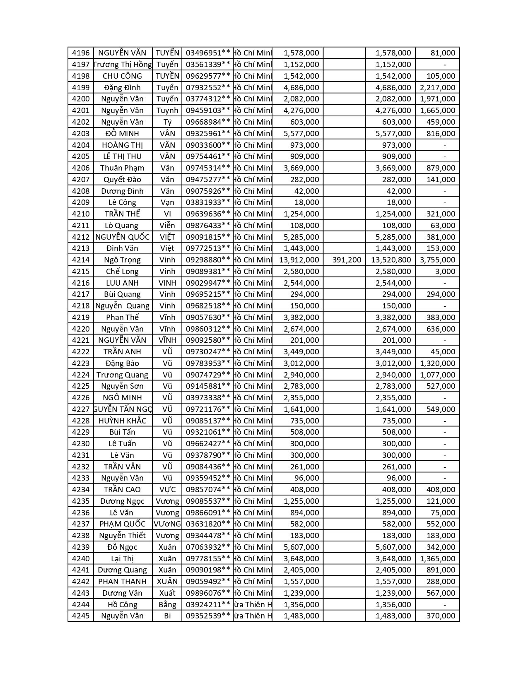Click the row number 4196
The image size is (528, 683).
click(x=81, y=53)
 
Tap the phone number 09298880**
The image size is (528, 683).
click(x=208, y=260)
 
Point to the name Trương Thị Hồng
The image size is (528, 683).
click(x=123, y=65)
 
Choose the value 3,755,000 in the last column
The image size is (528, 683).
click(x=437, y=260)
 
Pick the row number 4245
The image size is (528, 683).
click(x=81, y=616)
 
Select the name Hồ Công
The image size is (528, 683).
click(x=122, y=605)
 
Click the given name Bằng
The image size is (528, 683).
click(x=167, y=605)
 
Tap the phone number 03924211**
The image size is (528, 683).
click(x=208, y=605)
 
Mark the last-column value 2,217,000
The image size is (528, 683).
click(x=437, y=88)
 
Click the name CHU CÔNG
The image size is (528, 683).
click(x=122, y=76)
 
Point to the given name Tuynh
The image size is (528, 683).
click(x=167, y=111)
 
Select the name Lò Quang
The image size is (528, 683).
click(x=122, y=226)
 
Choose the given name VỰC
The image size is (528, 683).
click(x=167, y=490)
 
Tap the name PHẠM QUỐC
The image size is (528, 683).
click(x=122, y=524)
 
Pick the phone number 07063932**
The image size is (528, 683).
click(x=208, y=547)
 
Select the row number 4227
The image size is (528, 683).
click(x=81, y=409)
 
